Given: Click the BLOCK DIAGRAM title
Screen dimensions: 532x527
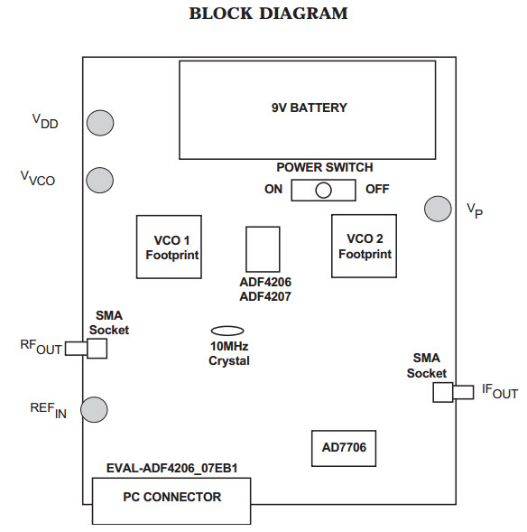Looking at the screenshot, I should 268,14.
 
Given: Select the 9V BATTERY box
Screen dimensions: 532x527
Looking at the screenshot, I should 308,108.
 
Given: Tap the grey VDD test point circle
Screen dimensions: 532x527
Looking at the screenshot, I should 99,122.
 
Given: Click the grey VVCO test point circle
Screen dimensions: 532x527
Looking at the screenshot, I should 99,180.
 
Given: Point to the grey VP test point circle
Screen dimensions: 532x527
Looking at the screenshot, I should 438,209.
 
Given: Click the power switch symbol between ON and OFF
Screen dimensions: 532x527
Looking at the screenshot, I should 323,190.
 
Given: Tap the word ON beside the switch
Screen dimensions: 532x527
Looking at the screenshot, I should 273,190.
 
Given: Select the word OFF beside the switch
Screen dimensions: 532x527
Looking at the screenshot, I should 377,190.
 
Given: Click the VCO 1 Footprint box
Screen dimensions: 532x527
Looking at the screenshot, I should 168,247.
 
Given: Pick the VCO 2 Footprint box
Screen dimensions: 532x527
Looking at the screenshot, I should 365,247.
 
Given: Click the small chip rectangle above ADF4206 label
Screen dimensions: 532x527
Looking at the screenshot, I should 263,248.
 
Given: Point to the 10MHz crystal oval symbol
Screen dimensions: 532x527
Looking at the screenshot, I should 227,332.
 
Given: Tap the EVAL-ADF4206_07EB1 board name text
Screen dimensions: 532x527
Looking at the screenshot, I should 171,468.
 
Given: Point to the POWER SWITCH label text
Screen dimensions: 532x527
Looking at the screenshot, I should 324,167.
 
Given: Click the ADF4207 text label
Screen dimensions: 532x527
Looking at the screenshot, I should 265,296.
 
